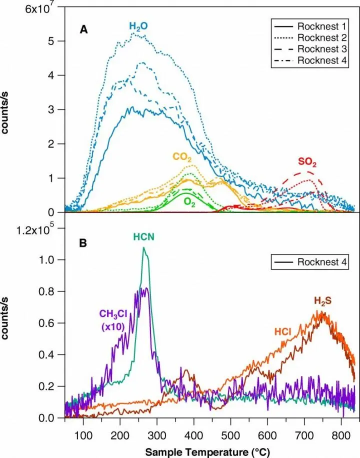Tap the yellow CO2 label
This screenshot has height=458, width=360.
point(182,157)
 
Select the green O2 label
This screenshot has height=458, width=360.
point(189,201)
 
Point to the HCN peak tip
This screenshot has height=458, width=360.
point(144,247)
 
